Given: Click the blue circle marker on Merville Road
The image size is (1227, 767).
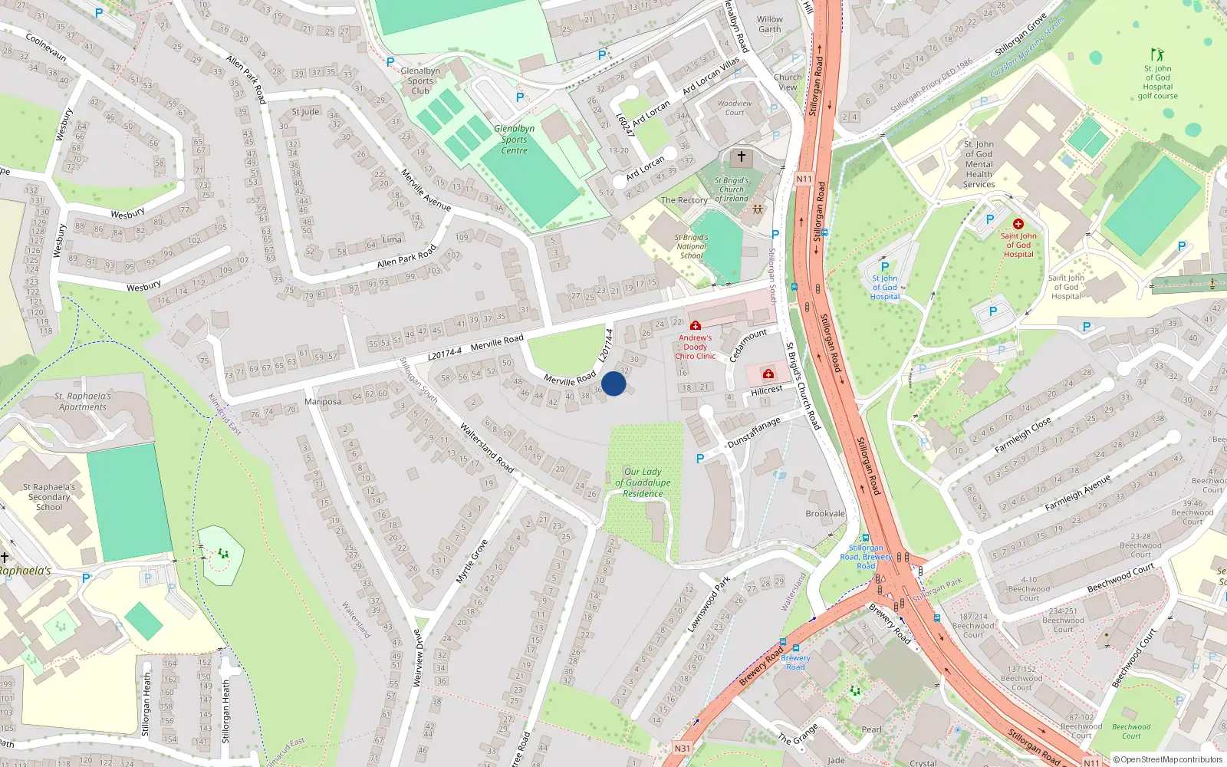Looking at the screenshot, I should [613, 383].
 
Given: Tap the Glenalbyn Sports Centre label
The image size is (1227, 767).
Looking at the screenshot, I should [514, 140].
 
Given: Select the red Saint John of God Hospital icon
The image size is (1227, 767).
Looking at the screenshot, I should [1018, 224].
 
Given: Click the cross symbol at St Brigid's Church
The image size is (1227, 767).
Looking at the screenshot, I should [741, 156].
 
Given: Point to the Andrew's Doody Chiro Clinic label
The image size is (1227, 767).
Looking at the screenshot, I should [695, 347].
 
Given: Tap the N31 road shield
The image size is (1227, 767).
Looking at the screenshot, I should [682, 749].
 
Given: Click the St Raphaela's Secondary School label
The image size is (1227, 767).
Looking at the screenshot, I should [49, 497].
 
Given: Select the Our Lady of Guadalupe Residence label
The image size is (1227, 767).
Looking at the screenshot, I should [643, 482].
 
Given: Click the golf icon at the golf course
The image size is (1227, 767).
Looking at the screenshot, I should [1157, 54].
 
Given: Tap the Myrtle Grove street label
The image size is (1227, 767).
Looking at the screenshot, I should [472, 561].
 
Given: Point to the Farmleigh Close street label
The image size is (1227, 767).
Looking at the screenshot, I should [1022, 436].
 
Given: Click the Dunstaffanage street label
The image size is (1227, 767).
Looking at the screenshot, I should [754, 432].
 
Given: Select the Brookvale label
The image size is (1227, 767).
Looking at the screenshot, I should [825, 514].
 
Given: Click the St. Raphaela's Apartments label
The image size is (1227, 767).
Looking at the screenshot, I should [83, 401].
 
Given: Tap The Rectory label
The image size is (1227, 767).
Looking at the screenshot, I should [684, 200].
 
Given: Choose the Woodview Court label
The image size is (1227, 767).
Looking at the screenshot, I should [735, 107].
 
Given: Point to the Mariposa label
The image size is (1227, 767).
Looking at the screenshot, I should [323, 402].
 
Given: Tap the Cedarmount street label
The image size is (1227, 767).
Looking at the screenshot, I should [748, 346].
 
